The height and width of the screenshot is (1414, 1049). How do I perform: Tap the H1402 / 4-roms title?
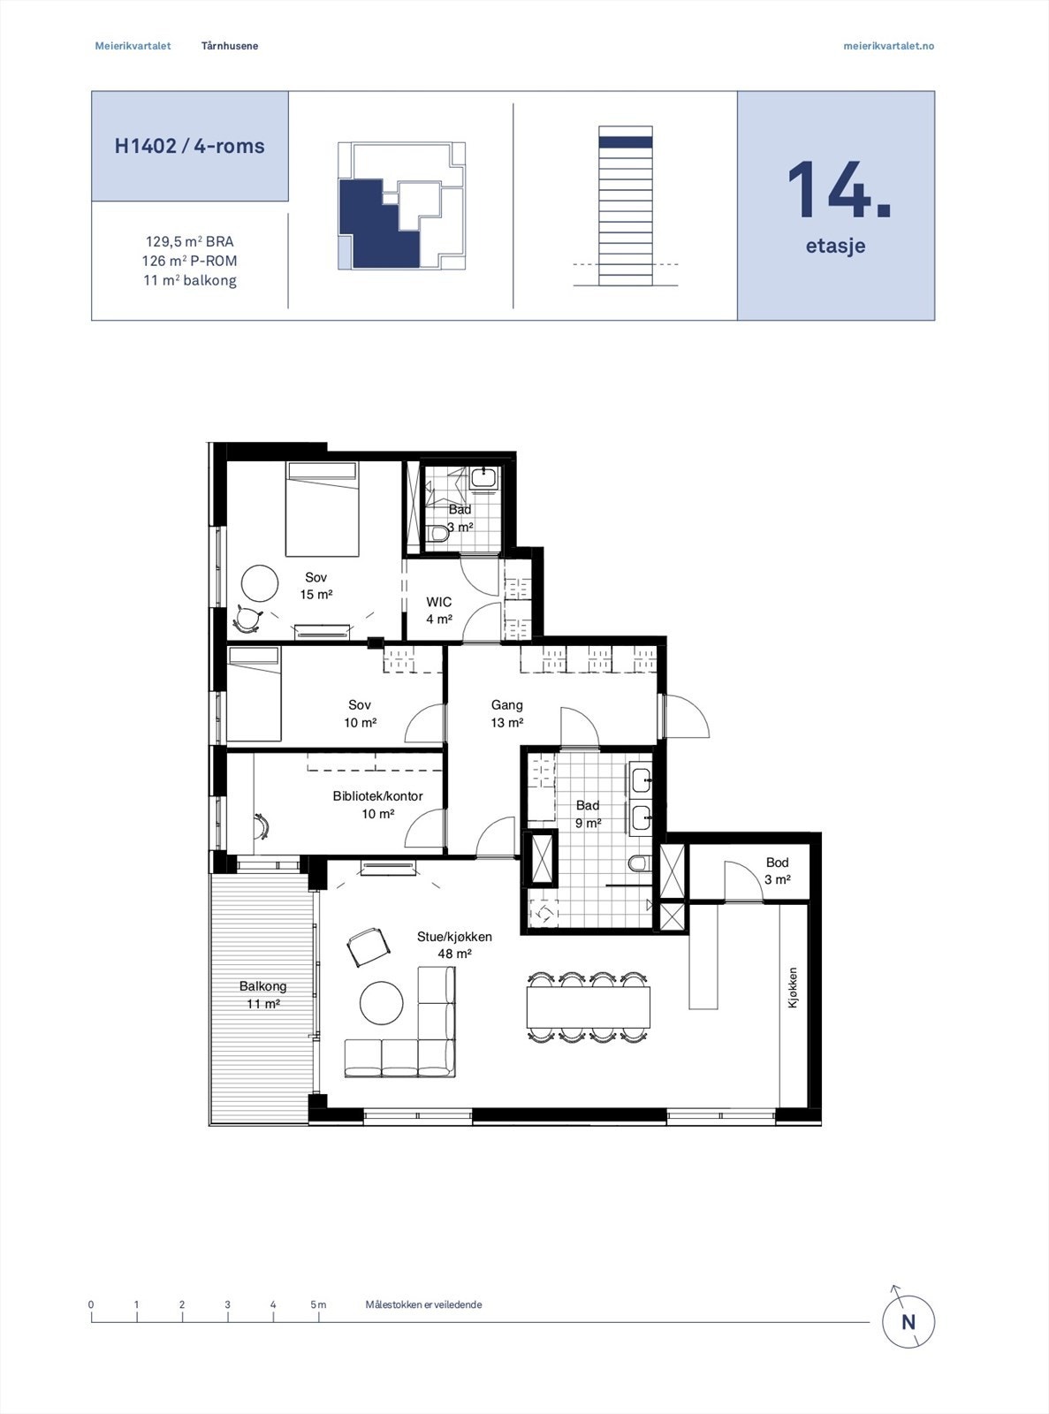[189, 146]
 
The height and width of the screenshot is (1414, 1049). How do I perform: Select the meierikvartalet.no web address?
[888, 46]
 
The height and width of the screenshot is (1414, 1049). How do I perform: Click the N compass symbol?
[908, 1322]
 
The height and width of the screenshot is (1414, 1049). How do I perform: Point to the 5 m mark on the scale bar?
[318, 1305]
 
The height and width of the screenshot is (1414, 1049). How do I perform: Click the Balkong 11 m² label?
[262, 995]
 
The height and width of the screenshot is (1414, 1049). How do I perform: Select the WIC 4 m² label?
[439, 611]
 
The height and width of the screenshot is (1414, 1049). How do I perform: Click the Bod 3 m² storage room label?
[777, 870]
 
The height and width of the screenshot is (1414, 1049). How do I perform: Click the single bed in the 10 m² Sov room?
[254, 694]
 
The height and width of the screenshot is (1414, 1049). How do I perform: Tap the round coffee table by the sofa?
[382, 1003]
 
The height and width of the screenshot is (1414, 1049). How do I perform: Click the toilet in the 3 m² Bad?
[439, 533]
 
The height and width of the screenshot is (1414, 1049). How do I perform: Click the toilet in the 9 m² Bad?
[639, 863]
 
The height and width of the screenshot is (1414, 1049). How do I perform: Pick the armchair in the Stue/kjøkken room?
[368, 946]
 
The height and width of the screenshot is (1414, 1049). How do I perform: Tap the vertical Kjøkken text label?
[793, 988]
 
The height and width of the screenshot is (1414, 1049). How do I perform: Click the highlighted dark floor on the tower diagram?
[625, 141]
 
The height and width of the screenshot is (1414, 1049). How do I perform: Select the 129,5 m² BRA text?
[189, 241]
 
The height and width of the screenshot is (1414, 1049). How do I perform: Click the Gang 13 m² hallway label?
[506, 713]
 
